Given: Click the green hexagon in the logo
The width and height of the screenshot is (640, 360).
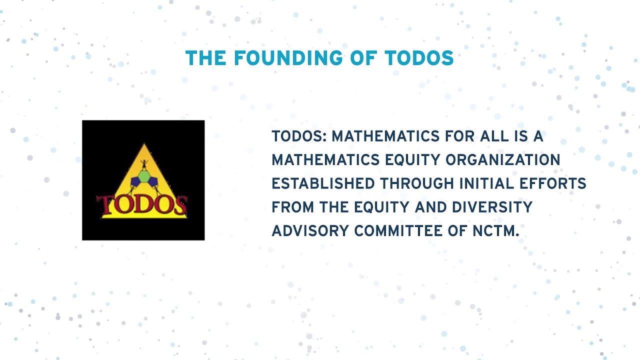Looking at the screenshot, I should pyautogui.click(x=144, y=176).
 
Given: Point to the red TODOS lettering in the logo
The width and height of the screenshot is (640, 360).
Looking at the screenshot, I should pyautogui.click(x=142, y=205).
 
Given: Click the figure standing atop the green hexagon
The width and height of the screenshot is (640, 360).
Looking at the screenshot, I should pyautogui.click(x=144, y=164).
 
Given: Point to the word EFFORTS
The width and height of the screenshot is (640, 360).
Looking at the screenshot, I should pyautogui.click(x=554, y=183).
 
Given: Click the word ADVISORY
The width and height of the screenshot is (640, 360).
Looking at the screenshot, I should pyautogui.click(x=310, y=230).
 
